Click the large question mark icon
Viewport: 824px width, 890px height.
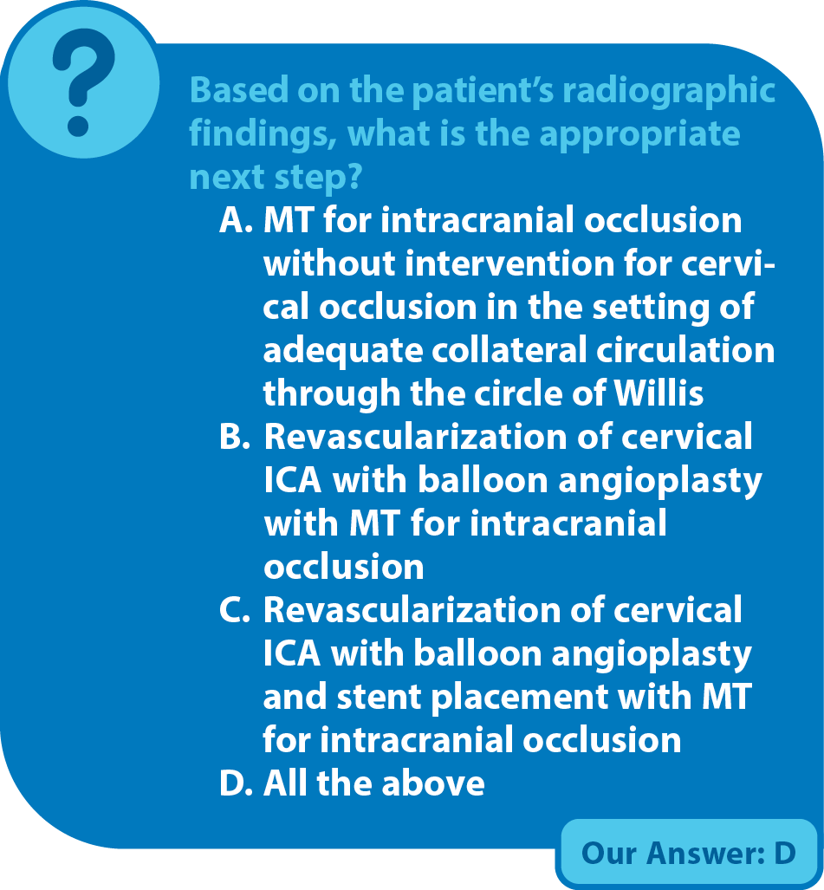coord(83,81)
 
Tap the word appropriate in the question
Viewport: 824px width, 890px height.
coord(639,134)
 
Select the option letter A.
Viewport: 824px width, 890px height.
coord(236,219)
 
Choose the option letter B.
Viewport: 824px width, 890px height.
coord(235,437)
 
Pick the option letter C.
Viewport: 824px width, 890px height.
coord(235,610)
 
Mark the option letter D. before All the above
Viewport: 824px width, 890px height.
coord(236,783)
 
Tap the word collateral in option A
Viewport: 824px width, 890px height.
coord(509,349)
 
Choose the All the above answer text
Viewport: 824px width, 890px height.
coord(374,783)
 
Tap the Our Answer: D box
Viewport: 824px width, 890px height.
coord(688,853)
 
